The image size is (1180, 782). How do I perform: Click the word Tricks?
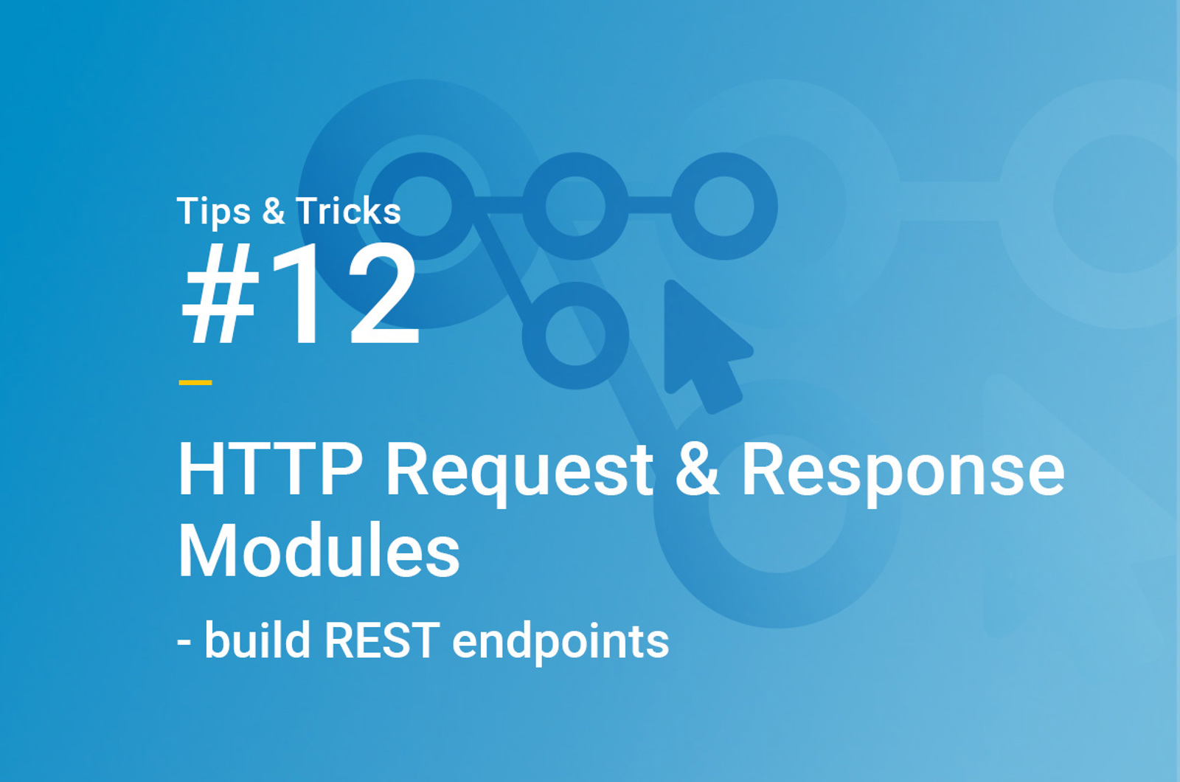click(x=348, y=211)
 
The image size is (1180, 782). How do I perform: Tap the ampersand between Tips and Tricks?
click(x=274, y=211)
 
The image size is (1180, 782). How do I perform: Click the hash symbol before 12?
click(x=221, y=294)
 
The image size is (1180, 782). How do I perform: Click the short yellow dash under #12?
click(x=195, y=383)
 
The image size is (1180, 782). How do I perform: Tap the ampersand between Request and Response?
click(x=697, y=469)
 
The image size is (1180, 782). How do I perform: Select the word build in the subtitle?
click(x=257, y=640)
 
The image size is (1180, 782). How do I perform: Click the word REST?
click(x=382, y=641)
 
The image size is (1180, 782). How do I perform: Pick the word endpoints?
click(x=560, y=642)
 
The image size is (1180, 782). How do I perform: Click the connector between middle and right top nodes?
click(x=650, y=205)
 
